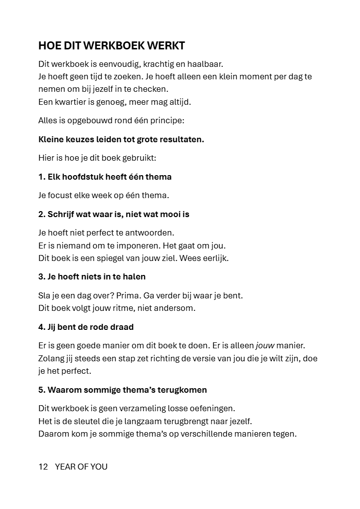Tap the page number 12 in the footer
point(43,467)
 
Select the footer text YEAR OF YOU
point(81,467)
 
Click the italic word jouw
point(265,345)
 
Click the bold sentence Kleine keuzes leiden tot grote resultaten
point(121,139)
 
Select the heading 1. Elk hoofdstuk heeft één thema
point(105,177)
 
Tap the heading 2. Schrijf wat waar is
point(114,214)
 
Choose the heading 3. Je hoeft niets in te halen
point(92,276)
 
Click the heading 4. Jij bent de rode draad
point(86,327)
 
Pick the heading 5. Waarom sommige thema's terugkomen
point(123,390)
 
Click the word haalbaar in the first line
point(204,64)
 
